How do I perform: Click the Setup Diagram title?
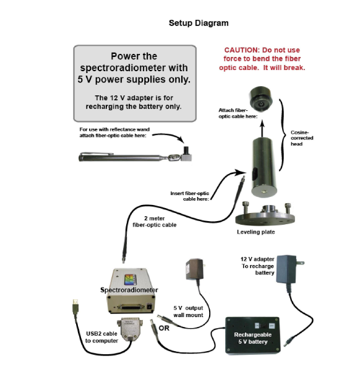[199, 23]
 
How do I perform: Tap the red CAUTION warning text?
[262, 59]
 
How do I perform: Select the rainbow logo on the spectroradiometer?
[129, 279]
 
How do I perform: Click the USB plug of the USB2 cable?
[75, 307]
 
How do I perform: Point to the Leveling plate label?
[256, 232]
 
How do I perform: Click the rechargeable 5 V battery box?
[253, 336]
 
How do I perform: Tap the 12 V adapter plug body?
[287, 269]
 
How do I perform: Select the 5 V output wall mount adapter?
[195, 269]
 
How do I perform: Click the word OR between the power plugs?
[164, 328]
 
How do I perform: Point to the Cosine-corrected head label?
[302, 138]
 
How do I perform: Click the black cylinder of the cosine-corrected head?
[264, 167]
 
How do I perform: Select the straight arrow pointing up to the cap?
[262, 128]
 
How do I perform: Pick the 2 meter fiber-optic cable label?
[155, 222]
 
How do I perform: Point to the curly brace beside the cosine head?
[283, 135]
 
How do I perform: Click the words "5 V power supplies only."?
[134, 80]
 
